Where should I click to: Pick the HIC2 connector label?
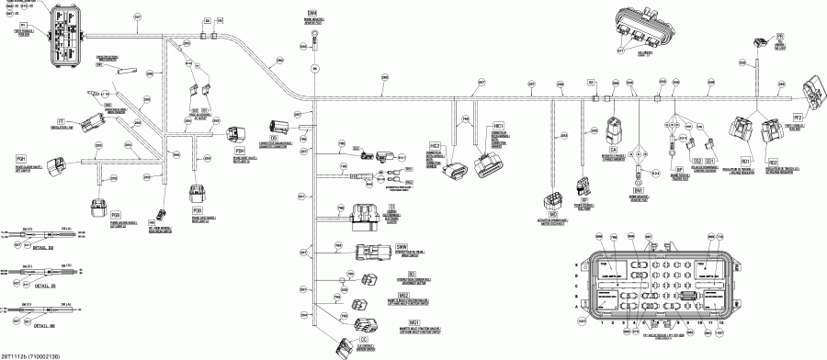point(436,145)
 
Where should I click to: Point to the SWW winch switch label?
point(402,248)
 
